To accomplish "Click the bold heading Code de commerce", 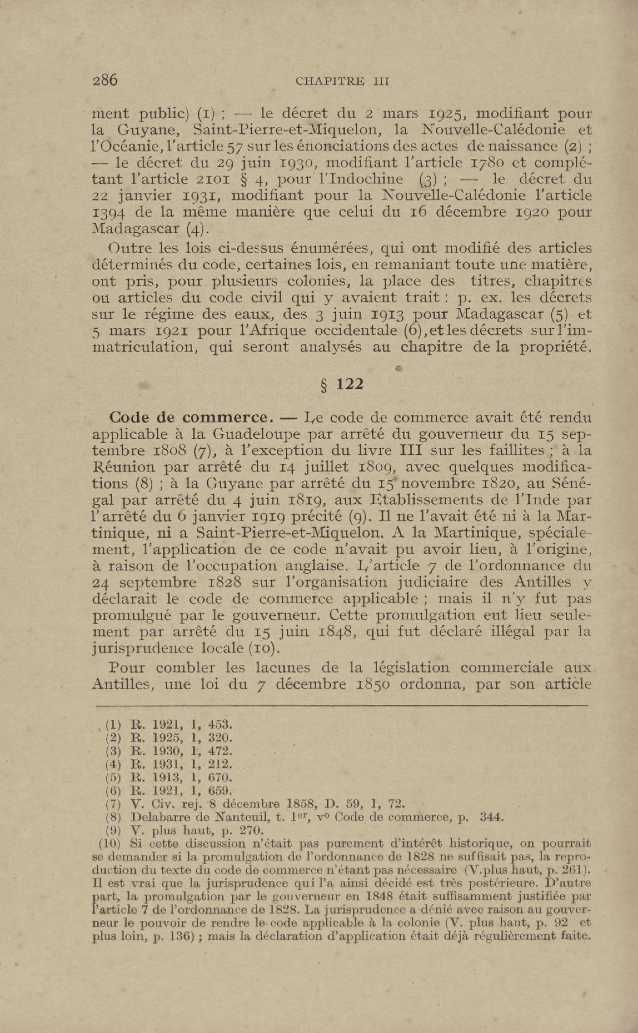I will pyautogui.click(x=189, y=417).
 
